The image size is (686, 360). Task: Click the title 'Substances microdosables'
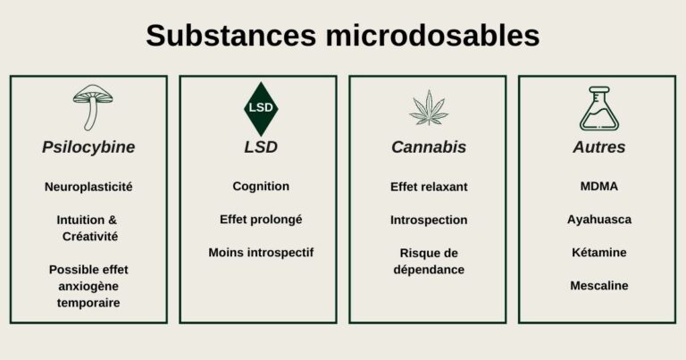(342, 36)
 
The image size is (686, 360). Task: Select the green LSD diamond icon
(261, 108)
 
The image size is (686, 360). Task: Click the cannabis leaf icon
(429, 108)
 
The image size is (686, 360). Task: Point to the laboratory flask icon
(598, 108)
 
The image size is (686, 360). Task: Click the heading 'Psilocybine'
(88, 147)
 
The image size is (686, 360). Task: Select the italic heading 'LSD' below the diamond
(261, 147)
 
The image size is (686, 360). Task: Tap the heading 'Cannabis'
(429, 147)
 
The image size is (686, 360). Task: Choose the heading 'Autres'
(598, 147)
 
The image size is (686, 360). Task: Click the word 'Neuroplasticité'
(88, 188)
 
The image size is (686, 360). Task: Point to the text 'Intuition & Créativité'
(88, 228)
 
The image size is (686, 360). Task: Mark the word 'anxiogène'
(88, 286)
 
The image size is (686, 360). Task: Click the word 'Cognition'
(261, 187)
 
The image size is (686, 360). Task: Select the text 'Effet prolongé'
(261, 220)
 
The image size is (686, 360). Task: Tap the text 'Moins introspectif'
(261, 253)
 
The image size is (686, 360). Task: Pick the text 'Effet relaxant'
(429, 187)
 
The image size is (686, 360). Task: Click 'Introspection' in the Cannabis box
(429, 220)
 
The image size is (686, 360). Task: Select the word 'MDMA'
(598, 187)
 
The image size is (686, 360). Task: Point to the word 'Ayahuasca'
(598, 220)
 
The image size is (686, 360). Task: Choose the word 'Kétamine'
(598, 253)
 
